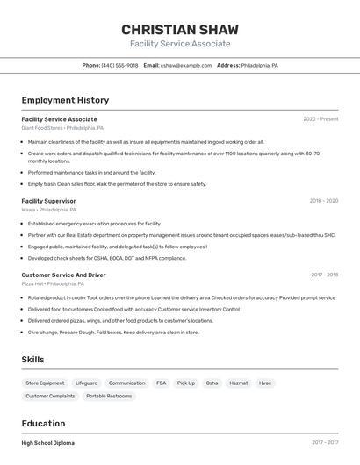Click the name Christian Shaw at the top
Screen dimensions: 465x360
tap(180, 29)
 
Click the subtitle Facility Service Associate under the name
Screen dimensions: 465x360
tap(180, 44)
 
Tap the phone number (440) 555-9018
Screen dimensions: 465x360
tap(119, 66)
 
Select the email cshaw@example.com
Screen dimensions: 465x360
tap(186, 66)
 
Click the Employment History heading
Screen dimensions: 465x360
tap(65, 101)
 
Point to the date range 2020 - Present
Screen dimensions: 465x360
tap(320, 119)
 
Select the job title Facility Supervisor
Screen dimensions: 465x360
tap(48, 201)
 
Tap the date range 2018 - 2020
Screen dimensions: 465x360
tap(323, 201)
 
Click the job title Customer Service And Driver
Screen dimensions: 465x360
tap(63, 275)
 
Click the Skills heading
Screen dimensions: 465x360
tap(32, 360)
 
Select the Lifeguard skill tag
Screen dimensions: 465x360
tap(86, 383)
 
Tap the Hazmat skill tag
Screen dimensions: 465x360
tap(238, 383)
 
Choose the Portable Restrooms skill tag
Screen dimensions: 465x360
tap(108, 397)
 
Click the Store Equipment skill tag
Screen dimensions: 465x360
tap(45, 383)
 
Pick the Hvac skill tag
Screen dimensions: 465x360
tap(265, 383)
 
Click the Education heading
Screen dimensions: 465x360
tap(43, 424)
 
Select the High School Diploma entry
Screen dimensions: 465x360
tap(47, 443)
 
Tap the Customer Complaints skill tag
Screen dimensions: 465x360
tap(50, 397)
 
